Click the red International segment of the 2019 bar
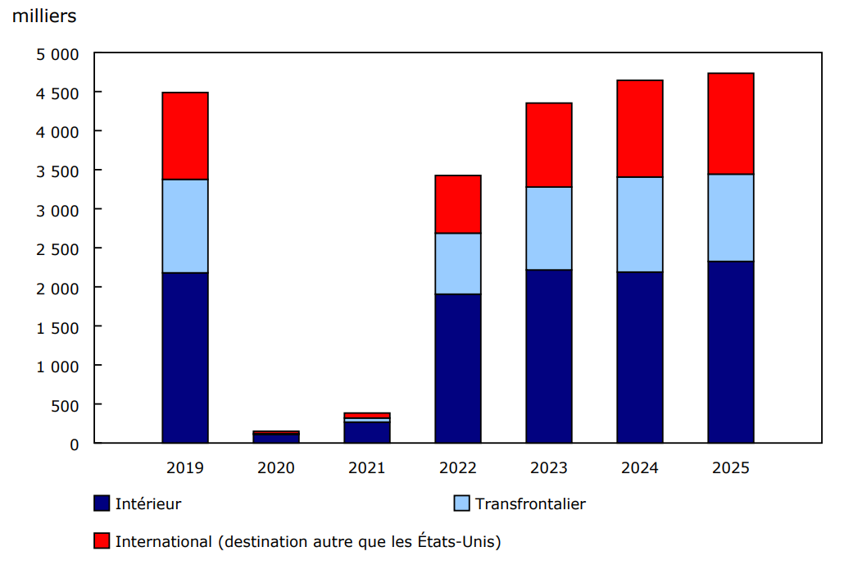tap(185, 135)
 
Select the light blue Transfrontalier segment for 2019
tap(185, 226)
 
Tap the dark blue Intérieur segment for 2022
tap(458, 368)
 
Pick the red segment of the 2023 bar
tap(549, 144)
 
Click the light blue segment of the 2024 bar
tap(640, 224)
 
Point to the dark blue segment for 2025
tap(731, 352)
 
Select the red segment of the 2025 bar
tap(731, 123)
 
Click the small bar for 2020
tap(276, 438)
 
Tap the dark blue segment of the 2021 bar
tap(367, 432)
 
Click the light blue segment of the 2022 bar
tap(458, 263)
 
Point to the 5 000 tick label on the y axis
tap(57, 54)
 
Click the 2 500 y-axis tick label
tap(57, 248)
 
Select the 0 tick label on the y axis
tap(75, 444)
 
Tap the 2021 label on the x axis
tap(367, 468)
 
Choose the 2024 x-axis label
tap(640, 468)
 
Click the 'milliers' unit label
tap(44, 16)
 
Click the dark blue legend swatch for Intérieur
tap(102, 503)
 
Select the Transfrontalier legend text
tap(530, 504)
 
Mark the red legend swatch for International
tap(102, 541)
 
